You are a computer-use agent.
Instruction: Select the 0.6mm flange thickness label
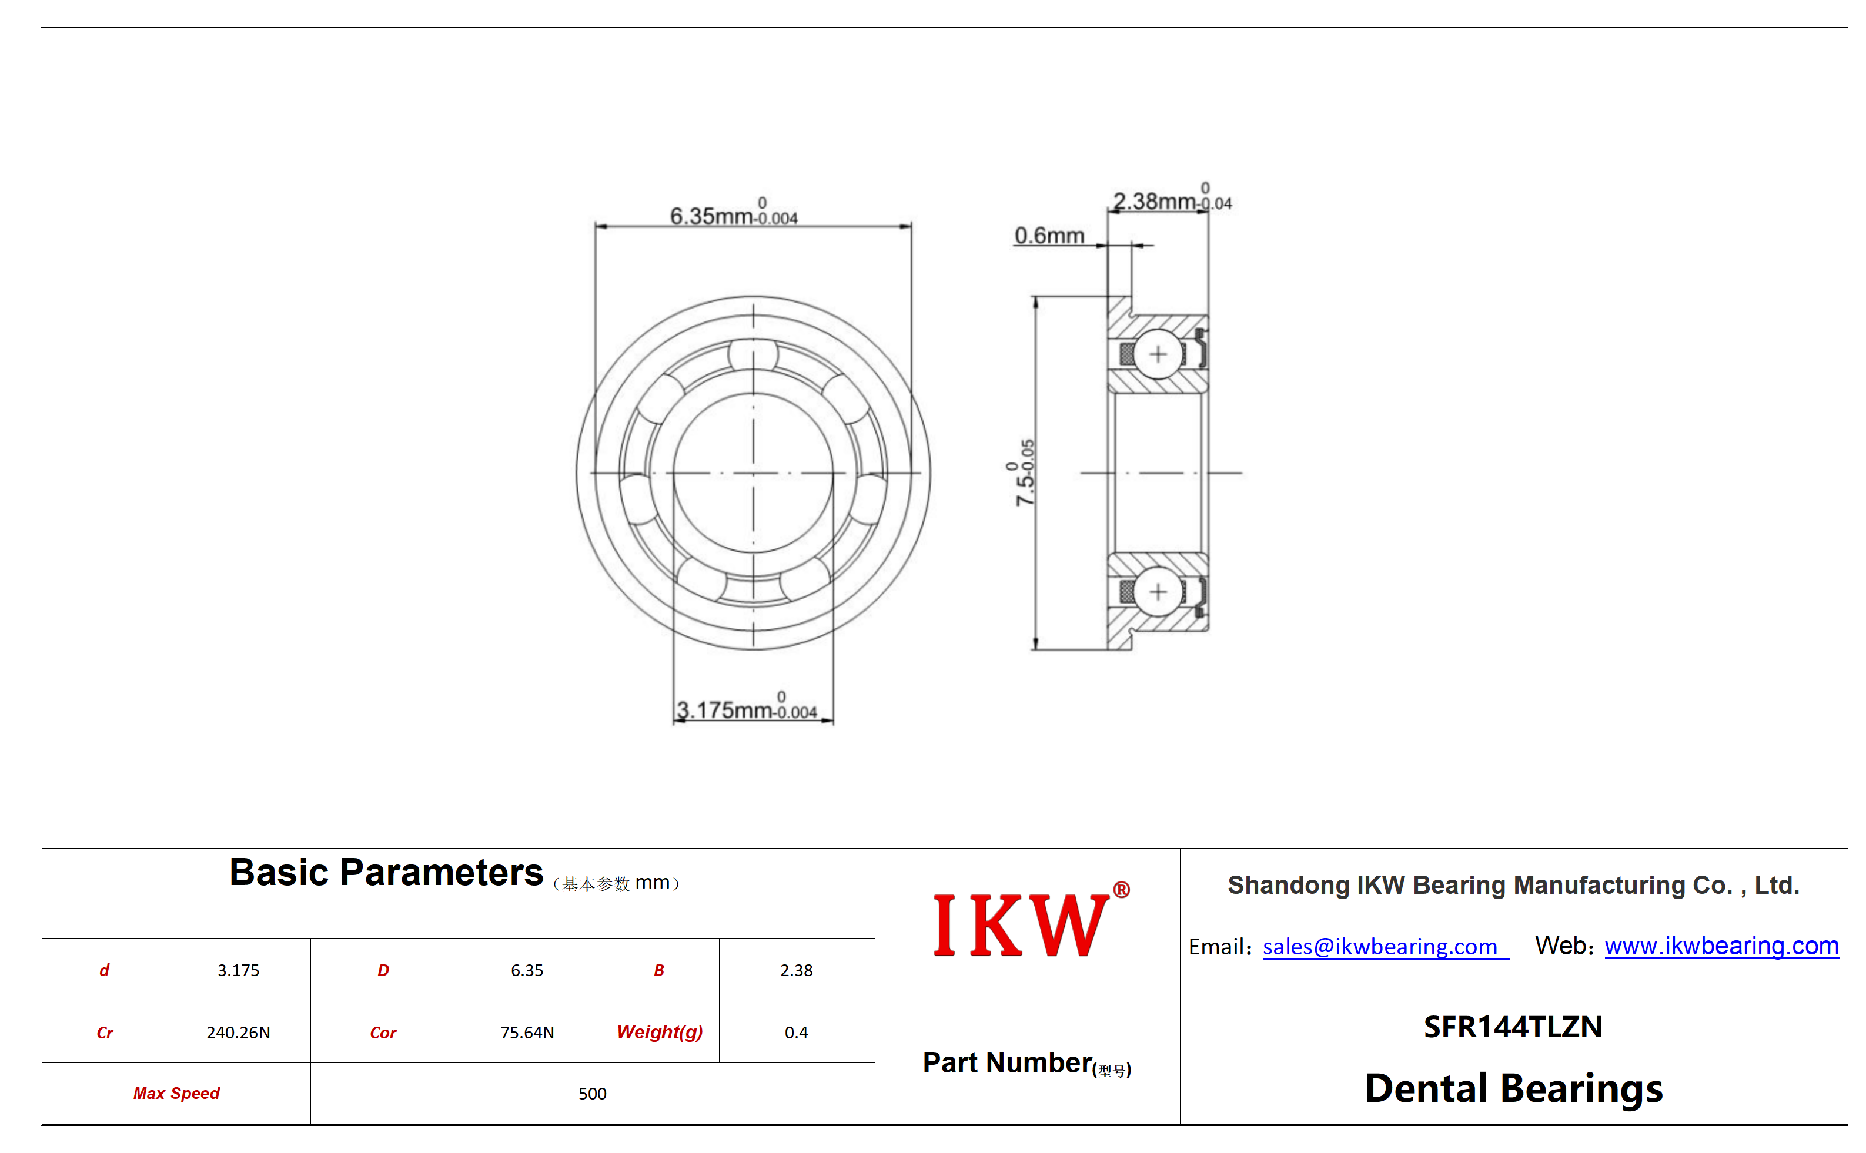pyautogui.click(x=1049, y=236)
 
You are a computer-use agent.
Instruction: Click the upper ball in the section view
pyautogui.click(x=1158, y=354)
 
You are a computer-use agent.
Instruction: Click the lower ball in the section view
pyautogui.click(x=1158, y=592)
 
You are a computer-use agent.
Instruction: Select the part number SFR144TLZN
pyautogui.click(x=1512, y=1027)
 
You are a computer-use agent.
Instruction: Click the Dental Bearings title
pyautogui.click(x=1513, y=1088)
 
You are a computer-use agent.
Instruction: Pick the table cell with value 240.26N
pyautogui.click(x=238, y=1032)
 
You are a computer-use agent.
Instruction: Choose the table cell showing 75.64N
pyautogui.click(x=527, y=1032)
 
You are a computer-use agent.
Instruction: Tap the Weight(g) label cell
pyautogui.click(x=659, y=1032)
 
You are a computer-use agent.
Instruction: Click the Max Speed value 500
pyautogui.click(x=592, y=1094)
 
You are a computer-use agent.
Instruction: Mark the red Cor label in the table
pyautogui.click(x=383, y=1033)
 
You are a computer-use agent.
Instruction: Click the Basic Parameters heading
pyautogui.click(x=386, y=872)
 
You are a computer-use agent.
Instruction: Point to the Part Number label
pyautogui.click(x=1026, y=1063)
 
